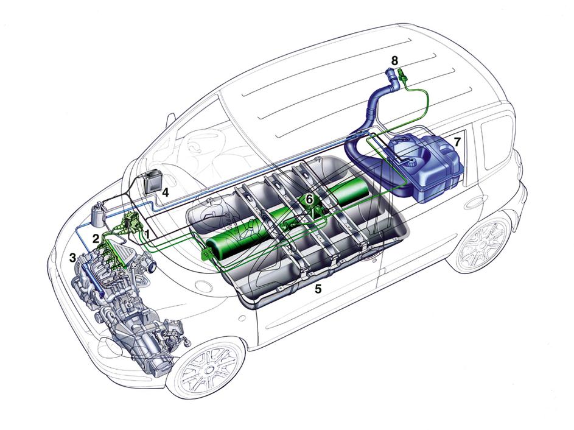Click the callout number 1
(147, 234)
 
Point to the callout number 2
(96, 239)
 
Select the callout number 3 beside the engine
(74, 257)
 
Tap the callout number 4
(166, 192)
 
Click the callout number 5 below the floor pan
(318, 289)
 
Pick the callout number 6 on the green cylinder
(309, 199)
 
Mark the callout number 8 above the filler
(394, 60)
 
